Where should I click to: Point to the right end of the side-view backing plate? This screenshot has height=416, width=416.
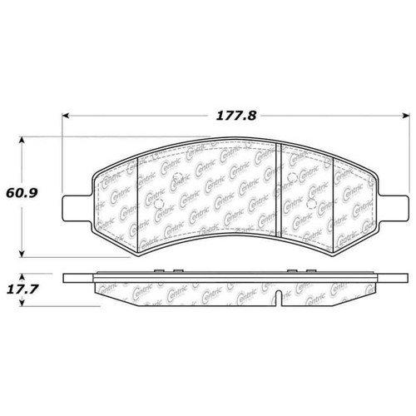click(x=406, y=277)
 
